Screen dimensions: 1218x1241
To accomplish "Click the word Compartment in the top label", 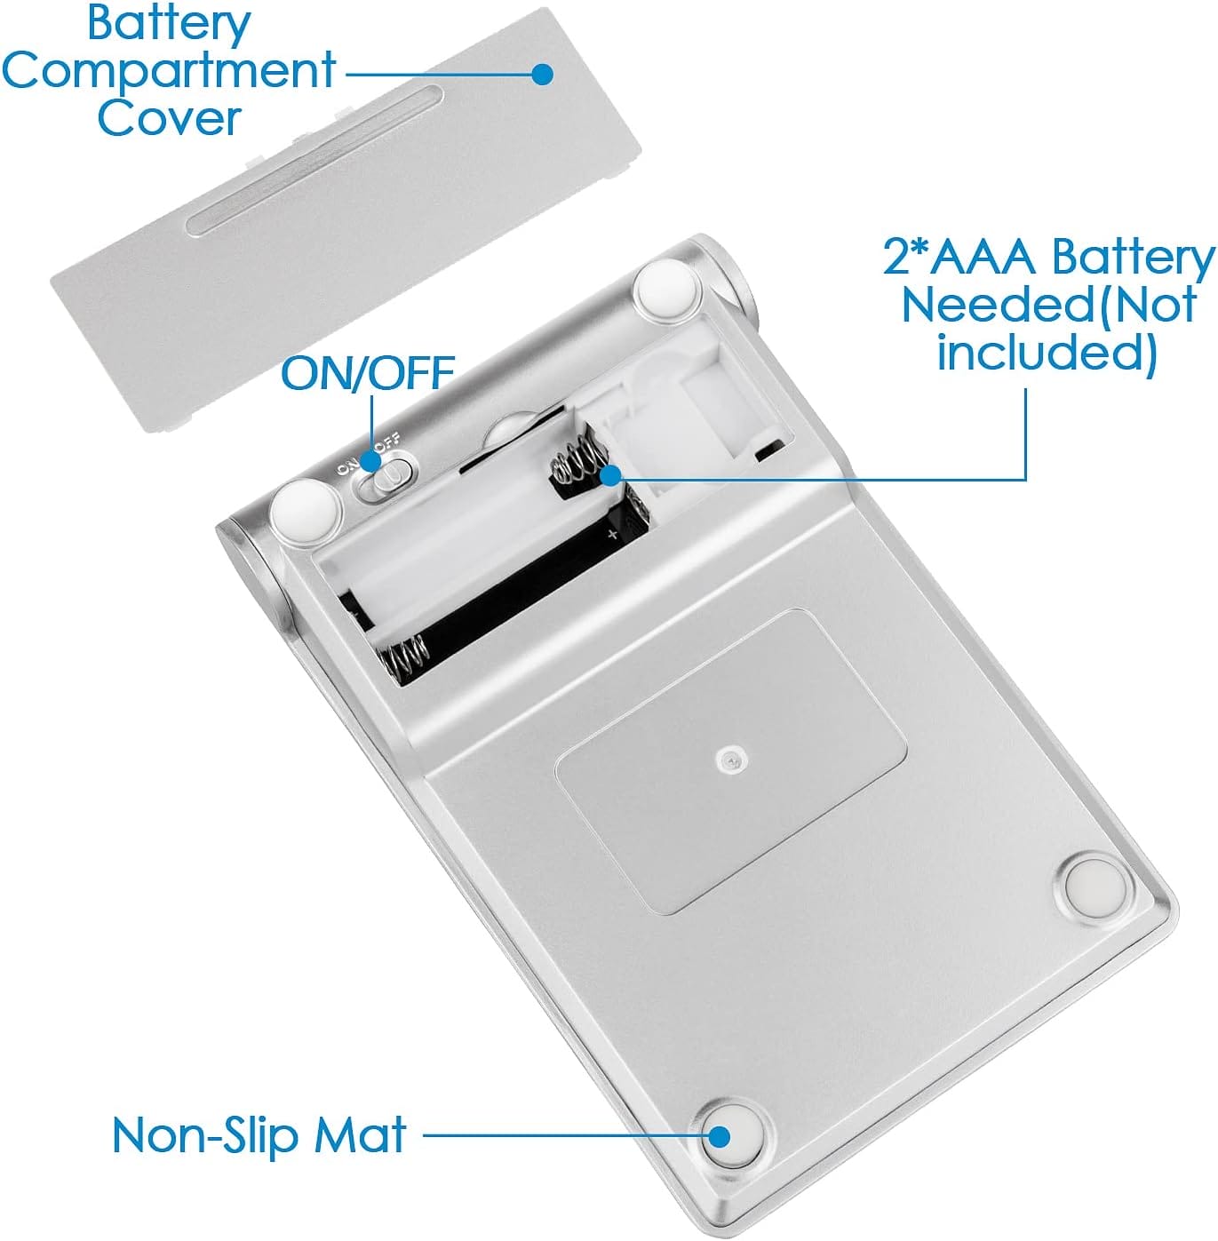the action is pyautogui.click(x=169, y=71).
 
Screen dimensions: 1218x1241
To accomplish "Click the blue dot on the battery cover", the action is pyautogui.click(x=542, y=74).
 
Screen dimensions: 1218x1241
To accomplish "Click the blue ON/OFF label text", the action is pyautogui.click(x=368, y=372).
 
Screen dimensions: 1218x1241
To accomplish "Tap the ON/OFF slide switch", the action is pyautogui.click(x=387, y=476).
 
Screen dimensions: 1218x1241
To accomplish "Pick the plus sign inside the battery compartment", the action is pyautogui.click(x=612, y=534).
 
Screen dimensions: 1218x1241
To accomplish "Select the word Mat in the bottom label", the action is pyautogui.click(x=360, y=1134).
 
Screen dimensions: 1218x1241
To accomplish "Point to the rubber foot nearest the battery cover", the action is pyautogui.click(x=666, y=289).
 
